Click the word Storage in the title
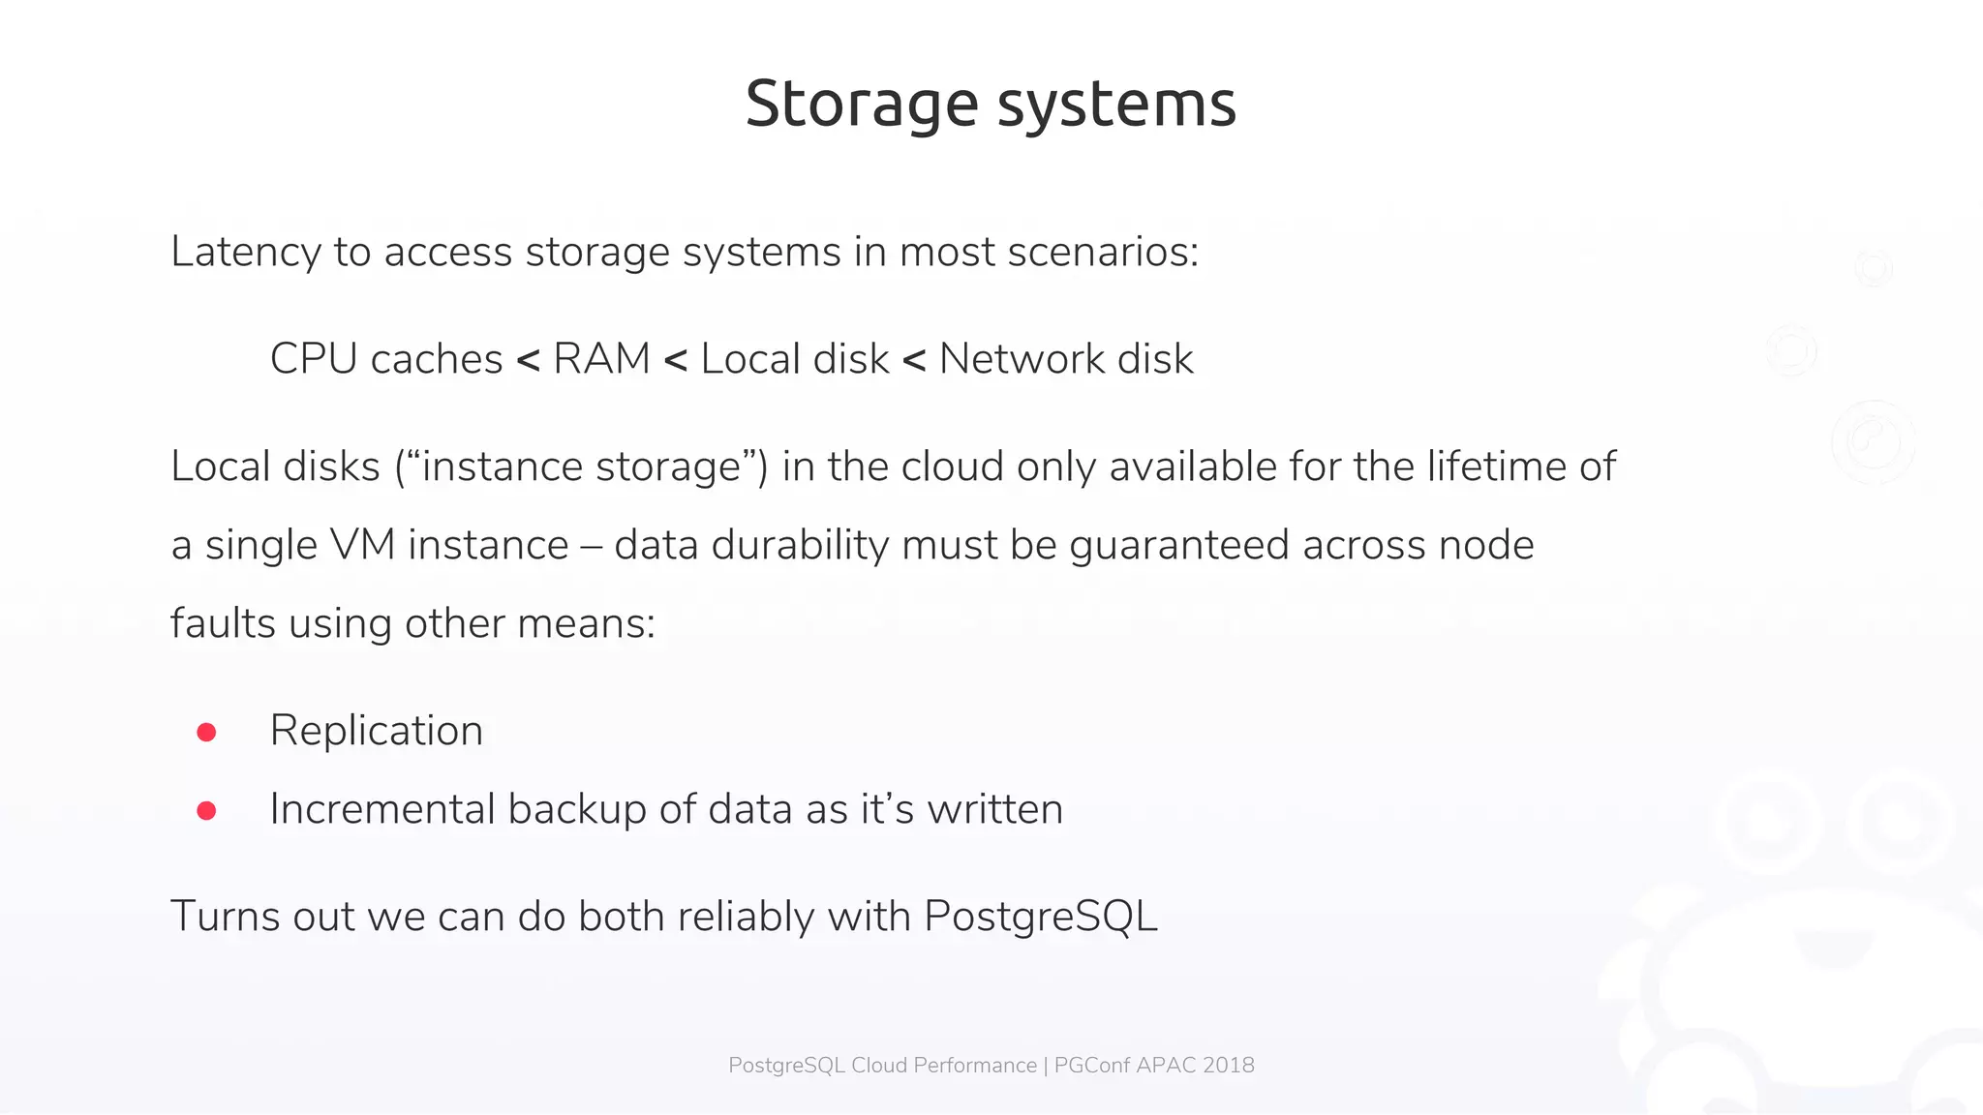click(862, 105)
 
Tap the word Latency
click(245, 253)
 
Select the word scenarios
click(1103, 253)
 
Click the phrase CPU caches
click(385, 359)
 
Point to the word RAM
click(601, 359)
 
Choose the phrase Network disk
click(1066, 359)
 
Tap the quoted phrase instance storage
click(581, 467)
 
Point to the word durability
click(800, 545)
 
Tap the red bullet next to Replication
click(206, 733)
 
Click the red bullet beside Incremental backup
click(206, 811)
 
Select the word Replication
click(376, 731)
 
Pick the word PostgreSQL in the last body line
click(1040, 917)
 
